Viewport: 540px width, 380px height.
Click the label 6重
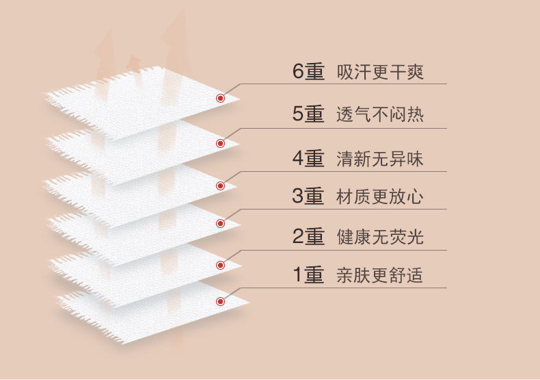(x=308, y=71)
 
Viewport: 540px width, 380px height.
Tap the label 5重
(x=308, y=114)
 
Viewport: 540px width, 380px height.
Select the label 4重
(x=308, y=159)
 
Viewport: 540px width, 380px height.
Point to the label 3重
(x=308, y=197)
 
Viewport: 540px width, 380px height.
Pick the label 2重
(x=308, y=237)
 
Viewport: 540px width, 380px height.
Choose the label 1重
(x=308, y=275)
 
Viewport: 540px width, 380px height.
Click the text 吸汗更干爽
(x=380, y=71)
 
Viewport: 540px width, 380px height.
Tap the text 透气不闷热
(x=380, y=114)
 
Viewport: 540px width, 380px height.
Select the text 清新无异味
(x=380, y=159)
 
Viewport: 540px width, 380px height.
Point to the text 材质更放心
(x=380, y=197)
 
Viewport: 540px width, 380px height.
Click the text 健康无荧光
(x=380, y=237)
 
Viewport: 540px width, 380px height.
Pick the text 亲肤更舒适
(x=380, y=275)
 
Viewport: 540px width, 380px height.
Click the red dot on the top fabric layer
(x=220, y=99)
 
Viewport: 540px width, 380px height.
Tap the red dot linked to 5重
(x=220, y=143)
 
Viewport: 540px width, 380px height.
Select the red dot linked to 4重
(x=220, y=186)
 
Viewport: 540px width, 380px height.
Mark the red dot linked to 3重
(x=220, y=223)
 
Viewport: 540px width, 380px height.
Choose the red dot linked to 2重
(x=220, y=265)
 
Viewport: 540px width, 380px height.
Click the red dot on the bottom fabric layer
(x=220, y=301)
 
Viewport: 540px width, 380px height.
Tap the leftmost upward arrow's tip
(x=104, y=31)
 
